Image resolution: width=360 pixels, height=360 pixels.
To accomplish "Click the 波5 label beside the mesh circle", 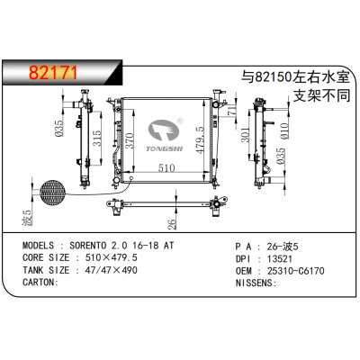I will [x=28, y=219].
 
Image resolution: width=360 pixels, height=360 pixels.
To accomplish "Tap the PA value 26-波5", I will [x=283, y=244].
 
